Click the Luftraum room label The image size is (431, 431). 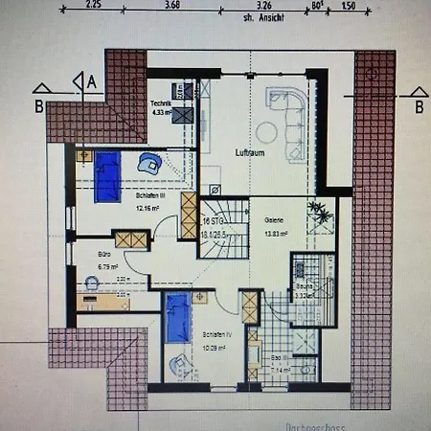249,152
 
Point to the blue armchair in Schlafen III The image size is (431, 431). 148,162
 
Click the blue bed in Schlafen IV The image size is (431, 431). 177,317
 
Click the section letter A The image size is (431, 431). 92,82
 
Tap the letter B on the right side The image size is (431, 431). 419,107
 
